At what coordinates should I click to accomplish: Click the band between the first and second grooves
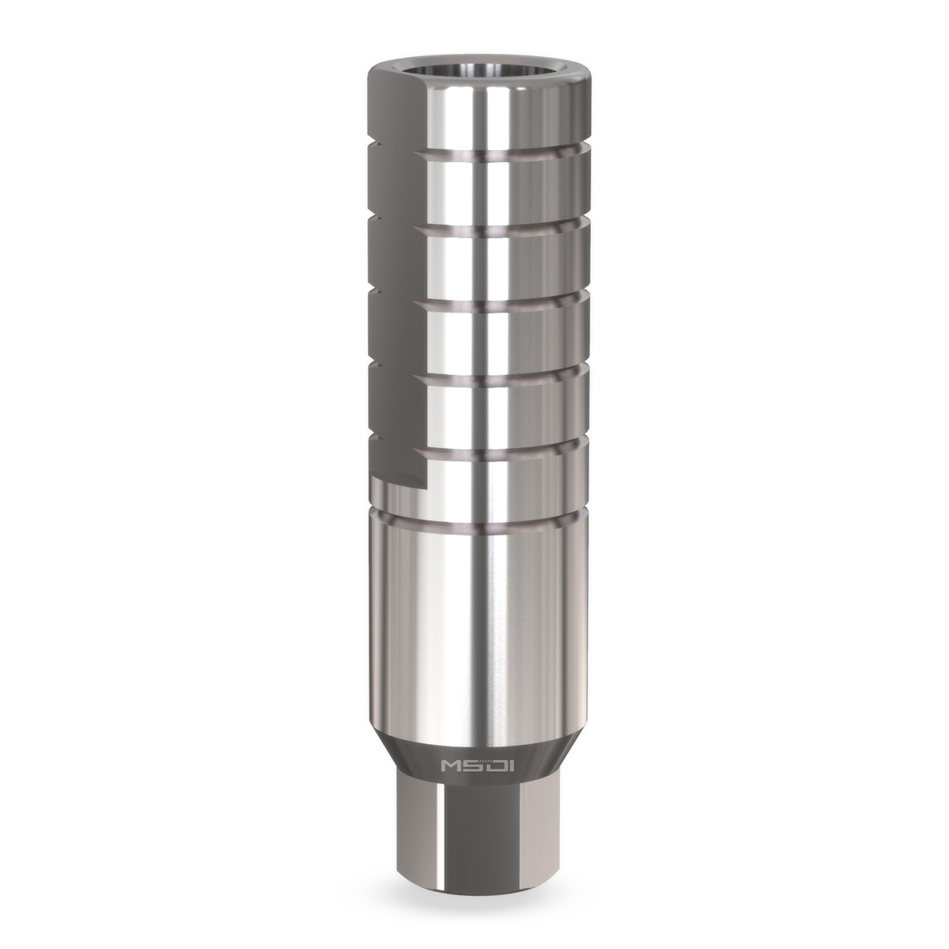(506, 190)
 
